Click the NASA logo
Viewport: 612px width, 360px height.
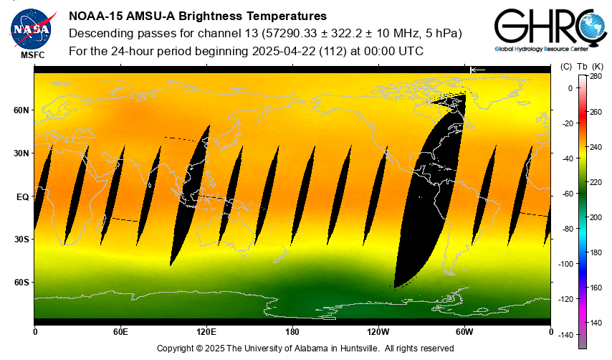(x=31, y=27)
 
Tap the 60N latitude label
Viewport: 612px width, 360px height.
(x=21, y=110)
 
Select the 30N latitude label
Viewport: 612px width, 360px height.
(x=21, y=153)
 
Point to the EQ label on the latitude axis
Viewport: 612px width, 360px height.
(x=22, y=196)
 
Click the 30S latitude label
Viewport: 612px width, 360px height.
(x=21, y=240)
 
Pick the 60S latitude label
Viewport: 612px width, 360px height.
(x=21, y=283)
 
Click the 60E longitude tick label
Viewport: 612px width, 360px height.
(x=120, y=333)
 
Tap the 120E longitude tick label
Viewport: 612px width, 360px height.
(x=206, y=333)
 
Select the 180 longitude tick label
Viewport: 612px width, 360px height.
(x=292, y=333)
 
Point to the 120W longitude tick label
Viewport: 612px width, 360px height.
(x=378, y=333)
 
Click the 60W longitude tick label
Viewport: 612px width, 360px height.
(x=464, y=333)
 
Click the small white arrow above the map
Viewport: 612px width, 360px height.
(x=478, y=70)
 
